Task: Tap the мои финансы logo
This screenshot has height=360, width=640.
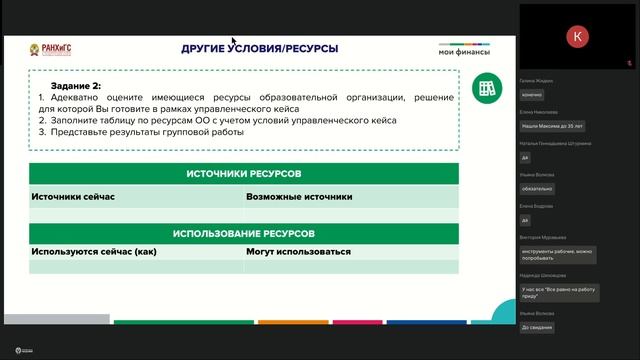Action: click(x=464, y=51)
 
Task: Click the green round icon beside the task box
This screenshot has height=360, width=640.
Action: click(x=487, y=88)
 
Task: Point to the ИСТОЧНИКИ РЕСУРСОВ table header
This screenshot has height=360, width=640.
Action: click(x=244, y=174)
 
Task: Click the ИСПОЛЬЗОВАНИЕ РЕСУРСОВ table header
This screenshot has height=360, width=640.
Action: click(x=244, y=233)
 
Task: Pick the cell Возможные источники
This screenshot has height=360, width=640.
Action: click(x=299, y=197)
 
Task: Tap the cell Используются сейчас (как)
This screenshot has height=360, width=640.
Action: click(x=94, y=252)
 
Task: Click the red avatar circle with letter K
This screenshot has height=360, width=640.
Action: click(x=577, y=36)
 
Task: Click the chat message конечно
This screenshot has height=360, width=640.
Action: click(x=532, y=95)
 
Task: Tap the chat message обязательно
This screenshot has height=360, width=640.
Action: click(x=537, y=189)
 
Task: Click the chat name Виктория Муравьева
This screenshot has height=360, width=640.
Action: click(x=543, y=238)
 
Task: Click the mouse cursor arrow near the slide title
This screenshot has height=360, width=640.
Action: click(x=233, y=42)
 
